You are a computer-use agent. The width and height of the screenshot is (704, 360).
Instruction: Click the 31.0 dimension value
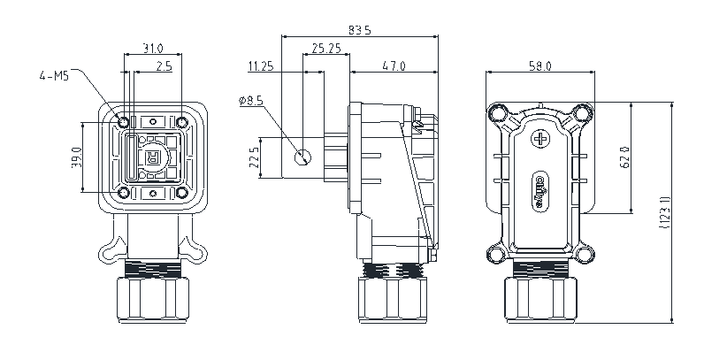153,47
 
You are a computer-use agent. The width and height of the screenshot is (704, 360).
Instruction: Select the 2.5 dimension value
164,66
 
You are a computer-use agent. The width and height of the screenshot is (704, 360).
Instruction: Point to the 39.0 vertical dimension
77,157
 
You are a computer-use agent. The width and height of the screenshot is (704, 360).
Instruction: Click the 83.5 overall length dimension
360,30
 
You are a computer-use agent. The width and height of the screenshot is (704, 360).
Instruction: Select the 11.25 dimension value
261,66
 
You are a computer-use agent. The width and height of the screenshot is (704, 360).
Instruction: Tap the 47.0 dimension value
394,66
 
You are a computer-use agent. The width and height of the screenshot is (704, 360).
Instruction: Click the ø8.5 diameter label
250,102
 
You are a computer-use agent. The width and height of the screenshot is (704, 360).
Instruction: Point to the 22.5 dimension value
255,157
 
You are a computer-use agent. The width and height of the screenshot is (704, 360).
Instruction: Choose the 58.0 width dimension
540,66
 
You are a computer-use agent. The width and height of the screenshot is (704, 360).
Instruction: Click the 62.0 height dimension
624,158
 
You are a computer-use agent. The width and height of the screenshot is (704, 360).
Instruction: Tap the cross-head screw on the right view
541,139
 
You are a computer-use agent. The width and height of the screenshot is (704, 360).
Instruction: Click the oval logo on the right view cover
541,188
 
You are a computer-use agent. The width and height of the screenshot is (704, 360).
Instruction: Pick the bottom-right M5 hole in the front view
181,192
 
